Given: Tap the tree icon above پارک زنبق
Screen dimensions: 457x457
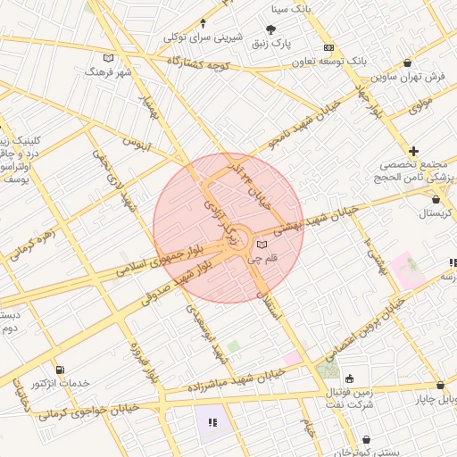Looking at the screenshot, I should point(271,30).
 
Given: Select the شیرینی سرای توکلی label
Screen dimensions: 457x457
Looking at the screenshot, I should point(204,37).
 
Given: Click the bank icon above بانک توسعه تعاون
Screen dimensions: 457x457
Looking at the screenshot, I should point(329,47).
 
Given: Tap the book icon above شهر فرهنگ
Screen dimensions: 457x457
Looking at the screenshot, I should point(109,58).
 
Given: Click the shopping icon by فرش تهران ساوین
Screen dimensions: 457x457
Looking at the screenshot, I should point(408,63).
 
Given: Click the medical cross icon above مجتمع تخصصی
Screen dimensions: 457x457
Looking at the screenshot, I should point(413,150).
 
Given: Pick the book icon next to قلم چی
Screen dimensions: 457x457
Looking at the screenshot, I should point(261,244).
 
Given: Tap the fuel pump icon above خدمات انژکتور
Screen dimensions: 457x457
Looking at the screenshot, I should point(59,370).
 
